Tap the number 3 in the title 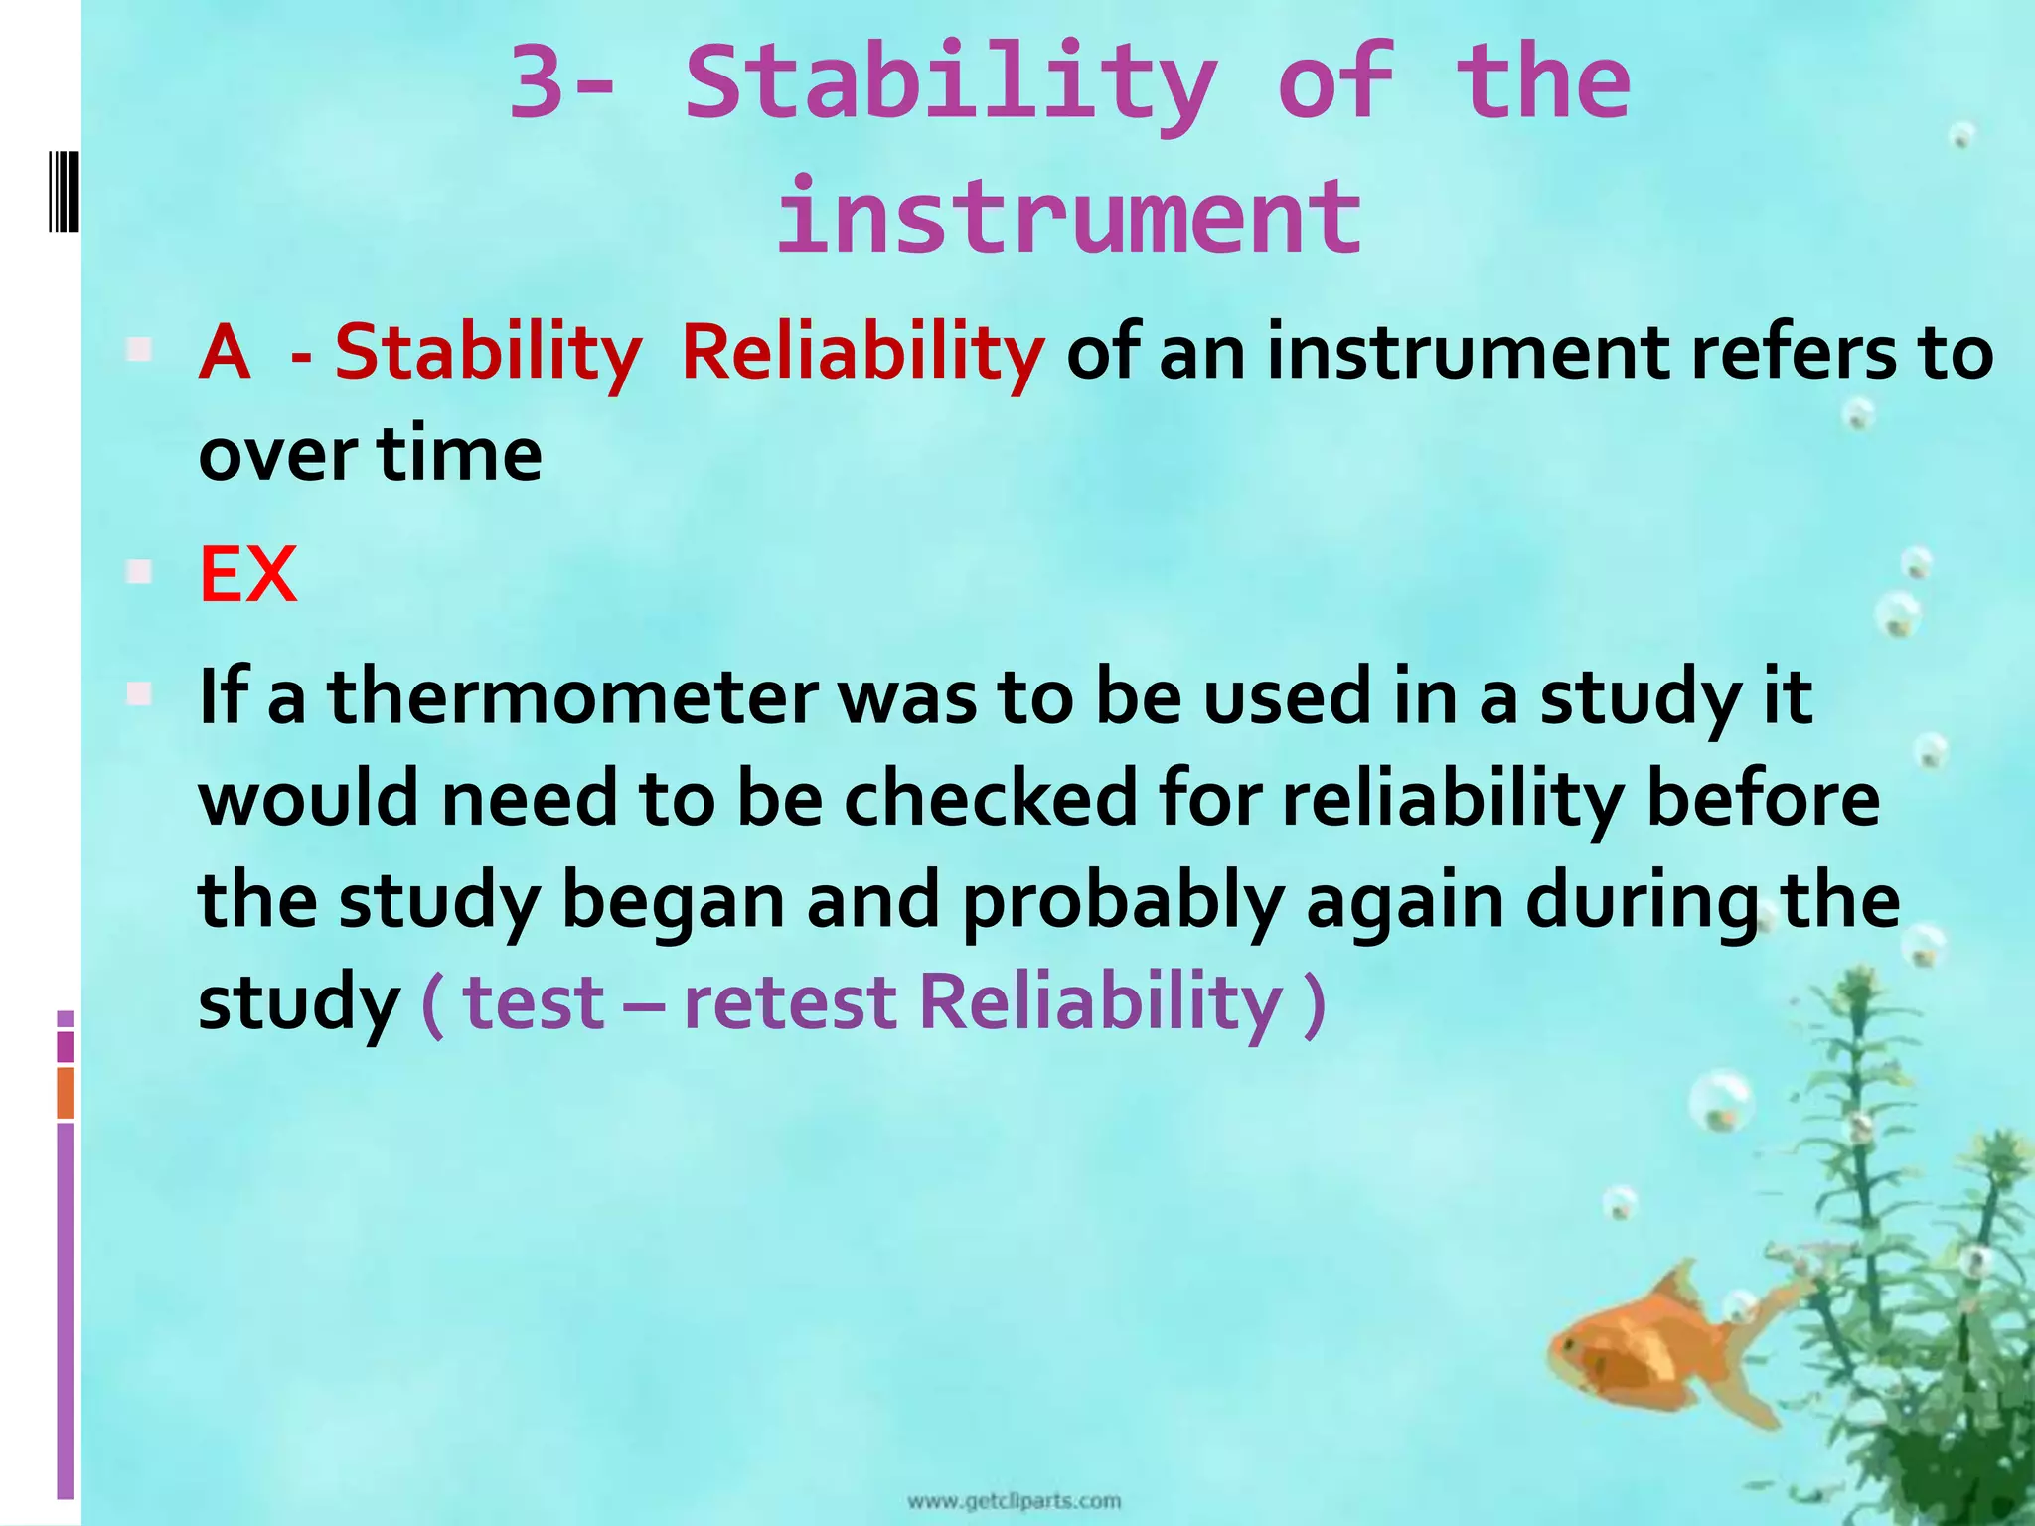coord(544,84)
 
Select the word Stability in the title coord(951,84)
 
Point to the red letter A coord(225,353)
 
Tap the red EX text coord(247,575)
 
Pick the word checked coord(991,799)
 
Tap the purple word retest coord(791,1001)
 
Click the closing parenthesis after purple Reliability coord(1314,1003)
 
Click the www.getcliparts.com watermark coord(1014,1500)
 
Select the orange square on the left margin coord(65,1092)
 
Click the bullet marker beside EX coord(139,573)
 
